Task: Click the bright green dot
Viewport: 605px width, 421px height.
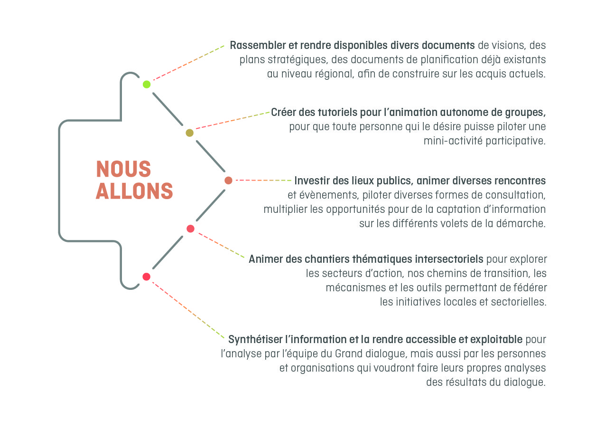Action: coord(147,85)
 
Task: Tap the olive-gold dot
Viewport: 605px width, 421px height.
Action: coord(190,133)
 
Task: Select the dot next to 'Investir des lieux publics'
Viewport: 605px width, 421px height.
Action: coord(228,181)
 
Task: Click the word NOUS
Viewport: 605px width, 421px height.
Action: coord(123,169)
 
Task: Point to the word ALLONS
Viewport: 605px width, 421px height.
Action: coord(134,191)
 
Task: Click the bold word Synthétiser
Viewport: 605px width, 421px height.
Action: coord(255,339)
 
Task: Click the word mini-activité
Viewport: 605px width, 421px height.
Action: coord(453,141)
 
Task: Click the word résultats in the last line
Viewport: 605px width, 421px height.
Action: coord(471,383)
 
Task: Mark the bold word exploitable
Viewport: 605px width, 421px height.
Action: coord(496,339)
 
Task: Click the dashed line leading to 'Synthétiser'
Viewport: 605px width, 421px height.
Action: coord(188,310)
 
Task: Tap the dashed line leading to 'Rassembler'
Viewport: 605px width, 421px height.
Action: coord(188,63)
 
